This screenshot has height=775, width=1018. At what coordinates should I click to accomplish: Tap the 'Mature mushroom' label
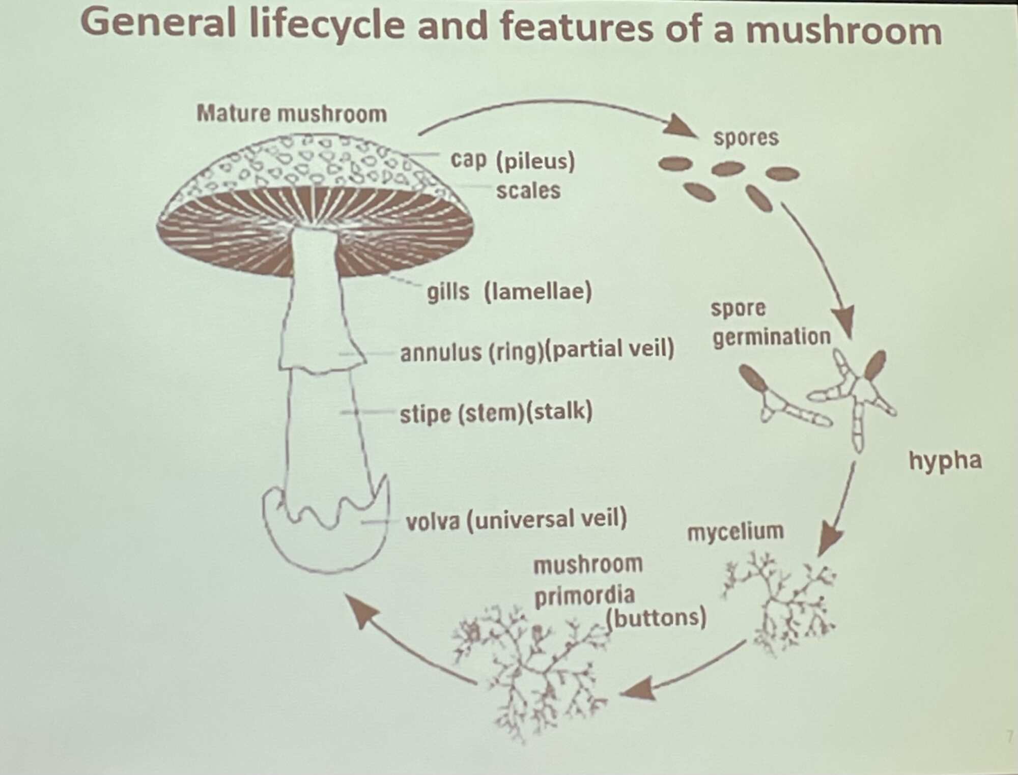[292, 113]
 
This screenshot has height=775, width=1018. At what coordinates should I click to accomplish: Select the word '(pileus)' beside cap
[535, 161]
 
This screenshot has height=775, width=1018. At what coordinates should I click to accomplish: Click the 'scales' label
[528, 191]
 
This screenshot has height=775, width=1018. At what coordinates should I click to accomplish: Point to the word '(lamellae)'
[538, 292]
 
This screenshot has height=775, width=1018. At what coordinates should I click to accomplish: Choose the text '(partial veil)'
[609, 350]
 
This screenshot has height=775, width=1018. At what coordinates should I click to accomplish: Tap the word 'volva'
[432, 521]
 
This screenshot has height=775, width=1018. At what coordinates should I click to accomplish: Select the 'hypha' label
[945, 461]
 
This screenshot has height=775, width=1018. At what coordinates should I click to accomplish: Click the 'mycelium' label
[735, 532]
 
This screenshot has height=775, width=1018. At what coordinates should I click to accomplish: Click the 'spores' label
[746, 137]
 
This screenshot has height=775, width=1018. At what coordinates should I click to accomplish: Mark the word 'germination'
[771, 337]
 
